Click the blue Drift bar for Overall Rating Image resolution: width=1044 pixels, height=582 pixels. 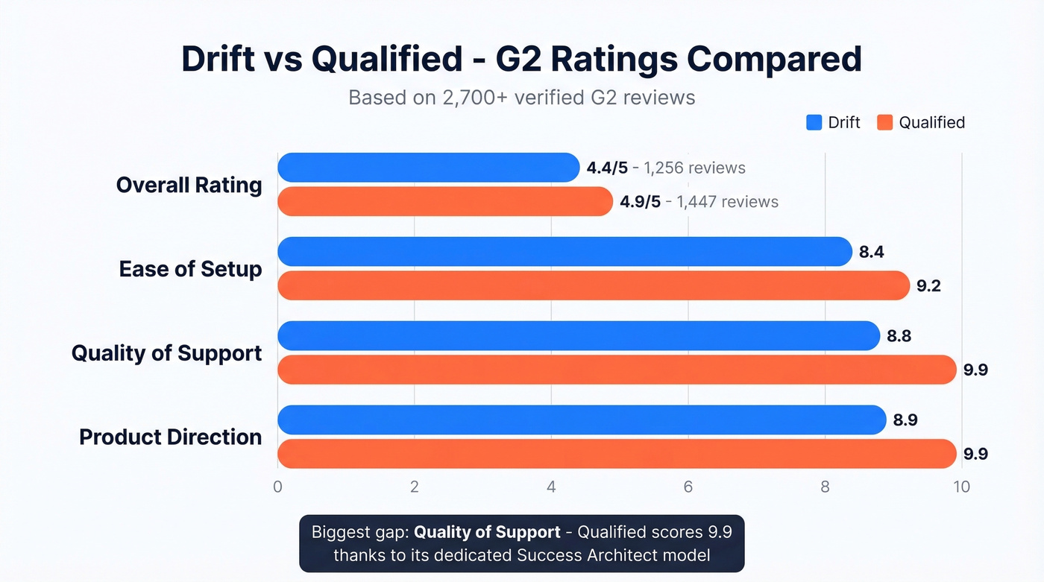(x=428, y=168)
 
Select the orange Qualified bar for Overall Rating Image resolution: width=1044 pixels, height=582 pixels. (x=444, y=201)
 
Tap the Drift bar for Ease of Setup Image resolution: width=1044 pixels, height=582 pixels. (x=565, y=252)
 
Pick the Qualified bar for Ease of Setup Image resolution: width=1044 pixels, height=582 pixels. (x=594, y=285)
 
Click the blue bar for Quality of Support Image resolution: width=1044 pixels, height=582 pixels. (x=579, y=336)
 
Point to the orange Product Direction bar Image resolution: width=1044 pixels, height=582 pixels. (x=617, y=454)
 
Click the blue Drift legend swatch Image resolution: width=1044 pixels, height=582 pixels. (x=814, y=122)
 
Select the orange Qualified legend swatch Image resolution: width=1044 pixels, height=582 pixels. (x=884, y=122)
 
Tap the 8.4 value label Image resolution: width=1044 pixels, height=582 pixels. (x=872, y=252)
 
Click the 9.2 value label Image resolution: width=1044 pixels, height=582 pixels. (x=929, y=285)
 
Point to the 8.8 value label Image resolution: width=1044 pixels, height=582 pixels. (x=899, y=336)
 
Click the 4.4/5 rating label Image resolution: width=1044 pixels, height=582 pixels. (x=607, y=168)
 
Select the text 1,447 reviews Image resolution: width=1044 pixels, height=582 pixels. (x=727, y=202)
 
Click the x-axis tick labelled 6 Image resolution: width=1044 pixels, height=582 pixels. (x=688, y=487)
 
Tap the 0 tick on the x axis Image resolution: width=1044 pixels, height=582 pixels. (x=277, y=487)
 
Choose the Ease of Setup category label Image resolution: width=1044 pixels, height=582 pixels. (x=190, y=268)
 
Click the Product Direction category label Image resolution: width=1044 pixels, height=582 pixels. (x=171, y=437)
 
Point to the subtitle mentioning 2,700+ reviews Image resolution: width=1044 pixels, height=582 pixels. (x=522, y=98)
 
